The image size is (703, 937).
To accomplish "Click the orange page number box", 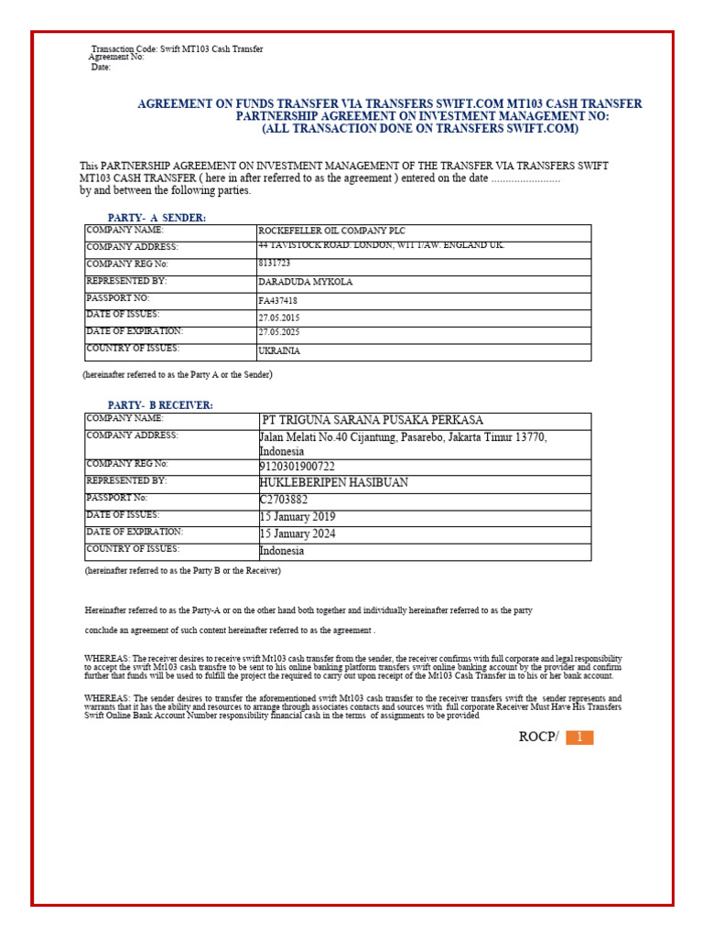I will (x=579, y=738).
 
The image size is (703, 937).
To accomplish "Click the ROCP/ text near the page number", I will (x=537, y=738).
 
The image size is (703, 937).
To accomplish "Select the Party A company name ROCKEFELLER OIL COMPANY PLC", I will (x=331, y=232).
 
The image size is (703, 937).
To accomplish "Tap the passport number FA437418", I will (x=278, y=301).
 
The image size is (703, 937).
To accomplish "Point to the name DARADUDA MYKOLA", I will (x=293, y=283).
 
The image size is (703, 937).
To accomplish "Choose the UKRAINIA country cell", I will (x=279, y=350).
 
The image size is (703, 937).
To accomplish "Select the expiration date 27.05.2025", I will (x=279, y=334).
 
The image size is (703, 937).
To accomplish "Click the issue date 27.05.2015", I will (x=279, y=318).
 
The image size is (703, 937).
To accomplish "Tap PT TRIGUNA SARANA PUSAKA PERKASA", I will (x=373, y=421).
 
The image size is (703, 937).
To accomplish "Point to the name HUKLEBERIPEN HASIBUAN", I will (x=334, y=482).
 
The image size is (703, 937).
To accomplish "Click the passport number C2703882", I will (x=284, y=500).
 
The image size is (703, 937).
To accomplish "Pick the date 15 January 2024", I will (x=298, y=534).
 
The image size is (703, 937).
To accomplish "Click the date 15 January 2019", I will (x=298, y=517).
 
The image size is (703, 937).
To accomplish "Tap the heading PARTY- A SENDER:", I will (x=157, y=218).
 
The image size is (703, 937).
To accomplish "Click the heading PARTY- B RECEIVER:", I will (x=160, y=405).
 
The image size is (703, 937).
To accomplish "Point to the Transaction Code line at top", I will (x=177, y=48).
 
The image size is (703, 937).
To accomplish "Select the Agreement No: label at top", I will (x=116, y=58).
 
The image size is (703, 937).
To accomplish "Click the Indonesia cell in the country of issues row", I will (x=282, y=552).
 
